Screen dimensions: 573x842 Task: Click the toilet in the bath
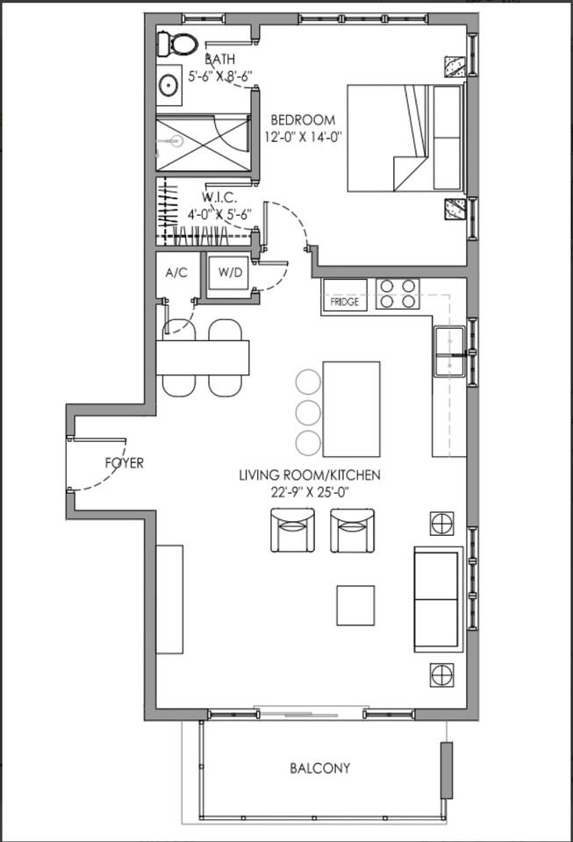pos(176,44)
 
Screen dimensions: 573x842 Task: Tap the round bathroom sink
pos(168,84)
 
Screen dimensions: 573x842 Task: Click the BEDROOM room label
pos(303,120)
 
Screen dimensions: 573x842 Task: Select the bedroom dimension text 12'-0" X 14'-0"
pos(303,137)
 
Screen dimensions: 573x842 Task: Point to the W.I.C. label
pos(219,197)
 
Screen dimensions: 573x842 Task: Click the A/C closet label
pos(176,273)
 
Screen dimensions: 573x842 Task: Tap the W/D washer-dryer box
pos(230,273)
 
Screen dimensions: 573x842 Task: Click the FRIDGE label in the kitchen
pos(344,302)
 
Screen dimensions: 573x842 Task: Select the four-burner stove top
pos(398,295)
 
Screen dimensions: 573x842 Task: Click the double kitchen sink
pos(449,351)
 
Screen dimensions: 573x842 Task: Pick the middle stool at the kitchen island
pos(308,411)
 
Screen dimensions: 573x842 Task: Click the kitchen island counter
pos(351,409)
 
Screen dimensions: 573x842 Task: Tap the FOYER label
pos(125,463)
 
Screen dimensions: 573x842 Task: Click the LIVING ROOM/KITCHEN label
pos(310,475)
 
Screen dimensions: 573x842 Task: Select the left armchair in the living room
pos(292,530)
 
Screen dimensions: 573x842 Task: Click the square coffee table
pos(355,605)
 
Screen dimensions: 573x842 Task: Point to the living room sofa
pos(438,599)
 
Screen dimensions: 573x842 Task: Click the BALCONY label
pos(320,768)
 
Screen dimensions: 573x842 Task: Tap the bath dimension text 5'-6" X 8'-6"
pos(219,76)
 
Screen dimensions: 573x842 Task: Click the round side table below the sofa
pos(441,675)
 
